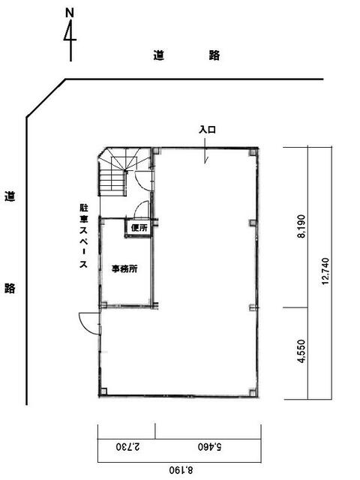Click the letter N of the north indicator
point(70,13)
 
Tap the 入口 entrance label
point(207,130)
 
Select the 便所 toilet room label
point(139,228)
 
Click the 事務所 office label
point(124,268)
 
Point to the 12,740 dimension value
point(325,271)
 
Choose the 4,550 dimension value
point(301,351)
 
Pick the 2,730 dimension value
point(128,446)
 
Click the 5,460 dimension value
point(210,447)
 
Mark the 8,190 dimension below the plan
point(181,469)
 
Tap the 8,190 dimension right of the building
point(301,226)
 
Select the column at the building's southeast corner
point(253,391)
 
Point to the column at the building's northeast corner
point(253,152)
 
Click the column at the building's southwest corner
point(103,391)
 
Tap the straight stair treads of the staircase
point(112,183)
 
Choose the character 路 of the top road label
point(214,55)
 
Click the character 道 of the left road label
point(10,196)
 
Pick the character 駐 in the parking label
point(83,208)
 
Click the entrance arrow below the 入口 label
point(205,151)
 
